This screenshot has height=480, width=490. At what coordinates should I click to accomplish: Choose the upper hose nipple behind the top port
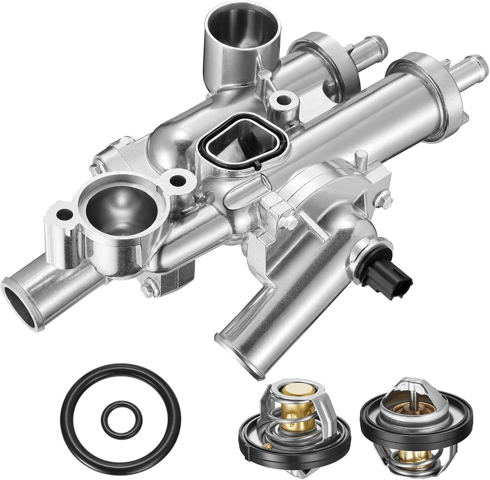(x=371, y=46)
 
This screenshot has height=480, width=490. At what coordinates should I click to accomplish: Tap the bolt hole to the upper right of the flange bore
(x=177, y=180)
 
